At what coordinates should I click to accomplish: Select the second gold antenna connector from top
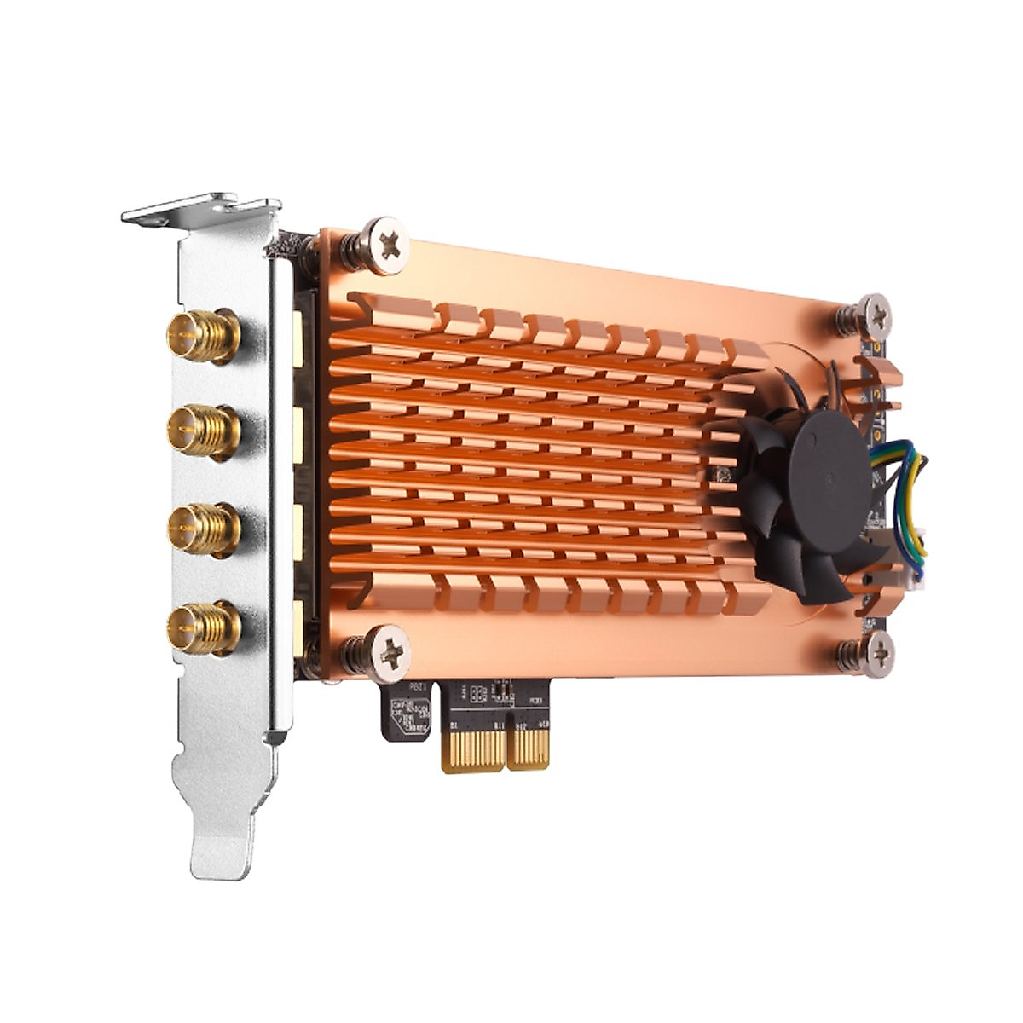202,431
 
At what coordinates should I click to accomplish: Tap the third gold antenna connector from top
202,529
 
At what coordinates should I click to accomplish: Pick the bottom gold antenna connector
202,627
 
